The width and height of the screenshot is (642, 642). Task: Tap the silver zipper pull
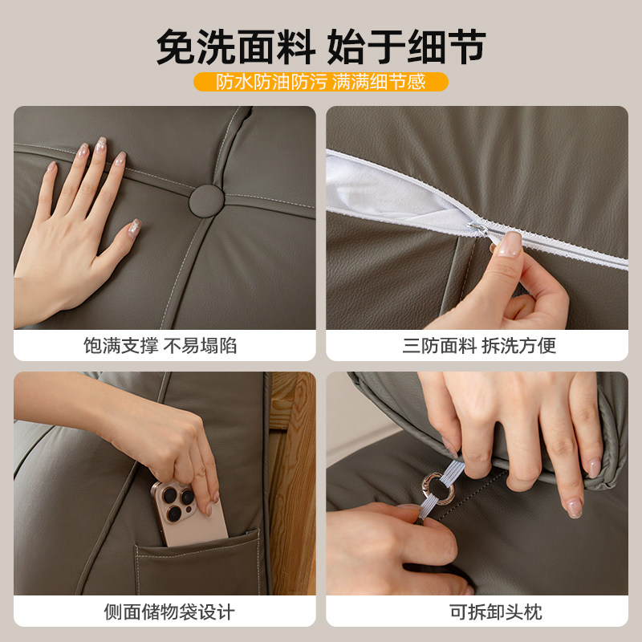click(478, 232)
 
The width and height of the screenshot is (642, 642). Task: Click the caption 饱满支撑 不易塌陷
click(160, 346)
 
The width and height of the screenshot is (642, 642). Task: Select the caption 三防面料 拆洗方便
click(479, 346)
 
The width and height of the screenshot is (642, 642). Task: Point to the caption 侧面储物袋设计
click(169, 612)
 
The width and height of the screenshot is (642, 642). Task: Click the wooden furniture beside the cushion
click(291, 481)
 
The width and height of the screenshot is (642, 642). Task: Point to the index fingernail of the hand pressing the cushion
click(101, 144)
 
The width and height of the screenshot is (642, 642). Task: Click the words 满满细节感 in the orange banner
click(378, 82)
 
